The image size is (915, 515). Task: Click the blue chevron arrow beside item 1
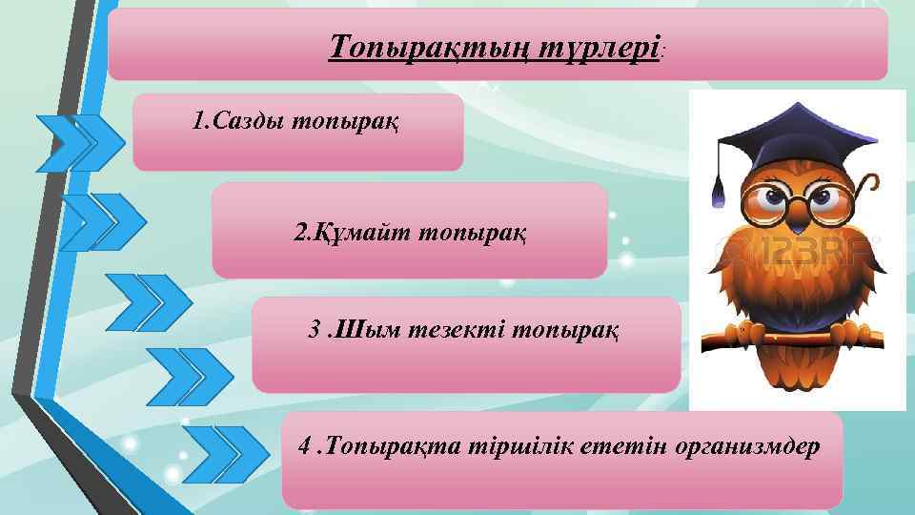(80, 143)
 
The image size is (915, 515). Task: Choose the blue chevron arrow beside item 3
(148, 301)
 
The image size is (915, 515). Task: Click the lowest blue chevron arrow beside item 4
(226, 451)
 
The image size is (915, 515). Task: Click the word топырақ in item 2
(477, 232)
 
